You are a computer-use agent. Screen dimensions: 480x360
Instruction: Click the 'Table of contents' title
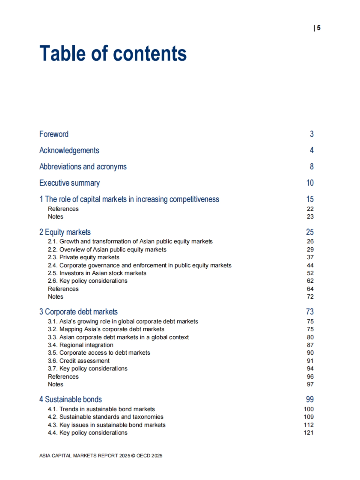(113, 53)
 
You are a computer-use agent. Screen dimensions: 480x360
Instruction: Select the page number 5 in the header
(318, 28)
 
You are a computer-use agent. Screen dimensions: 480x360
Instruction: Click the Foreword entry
(54, 134)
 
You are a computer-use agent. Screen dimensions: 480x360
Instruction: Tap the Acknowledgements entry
(69, 150)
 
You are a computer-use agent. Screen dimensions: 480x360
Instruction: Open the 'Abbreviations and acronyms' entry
(83, 166)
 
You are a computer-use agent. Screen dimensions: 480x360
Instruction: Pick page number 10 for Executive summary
(310, 183)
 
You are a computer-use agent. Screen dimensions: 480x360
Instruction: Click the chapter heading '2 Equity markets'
(65, 232)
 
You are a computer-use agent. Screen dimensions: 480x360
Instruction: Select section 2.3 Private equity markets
(83, 257)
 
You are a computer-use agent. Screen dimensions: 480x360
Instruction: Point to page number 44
(310, 265)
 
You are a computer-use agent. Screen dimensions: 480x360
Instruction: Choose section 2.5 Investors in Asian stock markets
(97, 273)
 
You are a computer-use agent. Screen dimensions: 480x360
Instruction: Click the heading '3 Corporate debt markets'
(79, 312)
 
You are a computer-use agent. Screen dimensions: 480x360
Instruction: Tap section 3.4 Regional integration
(80, 345)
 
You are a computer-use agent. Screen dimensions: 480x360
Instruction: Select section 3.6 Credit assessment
(79, 361)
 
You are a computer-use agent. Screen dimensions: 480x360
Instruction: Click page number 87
(310, 345)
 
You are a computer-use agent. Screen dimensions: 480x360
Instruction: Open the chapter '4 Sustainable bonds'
(71, 399)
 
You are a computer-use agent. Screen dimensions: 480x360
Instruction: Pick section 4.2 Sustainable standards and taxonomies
(106, 417)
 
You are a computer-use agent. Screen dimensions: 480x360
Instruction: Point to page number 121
(308, 433)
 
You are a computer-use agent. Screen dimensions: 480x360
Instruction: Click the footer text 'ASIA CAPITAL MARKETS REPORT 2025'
(85, 456)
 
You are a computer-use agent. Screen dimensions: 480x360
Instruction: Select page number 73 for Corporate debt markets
(310, 312)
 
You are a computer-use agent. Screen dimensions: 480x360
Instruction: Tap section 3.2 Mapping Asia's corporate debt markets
(106, 329)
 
